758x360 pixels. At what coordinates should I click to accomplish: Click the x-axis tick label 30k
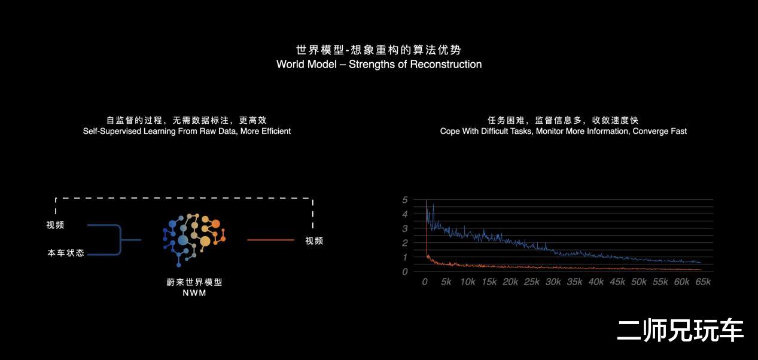pos(553,282)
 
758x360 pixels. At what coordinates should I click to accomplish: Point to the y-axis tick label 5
pos(405,200)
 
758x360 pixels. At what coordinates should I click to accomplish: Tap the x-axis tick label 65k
pos(703,282)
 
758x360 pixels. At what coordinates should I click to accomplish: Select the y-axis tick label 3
pos(405,228)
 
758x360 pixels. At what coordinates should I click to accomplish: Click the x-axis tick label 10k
pos(468,282)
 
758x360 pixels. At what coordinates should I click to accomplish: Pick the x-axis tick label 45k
pos(617,282)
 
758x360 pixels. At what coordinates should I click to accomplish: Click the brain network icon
pos(194,240)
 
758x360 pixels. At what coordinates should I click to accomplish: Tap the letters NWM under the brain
pos(194,293)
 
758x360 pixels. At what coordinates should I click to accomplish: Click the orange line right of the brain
pos(270,240)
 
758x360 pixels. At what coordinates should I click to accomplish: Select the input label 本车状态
pos(66,253)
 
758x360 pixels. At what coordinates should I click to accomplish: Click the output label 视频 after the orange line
pos(314,240)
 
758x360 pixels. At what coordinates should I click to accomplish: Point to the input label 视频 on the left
pos(55,225)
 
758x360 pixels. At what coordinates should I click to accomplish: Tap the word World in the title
pos(290,65)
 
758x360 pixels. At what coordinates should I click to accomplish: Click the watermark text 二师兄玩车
pos(680,330)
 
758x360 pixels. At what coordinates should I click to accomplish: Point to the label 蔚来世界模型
pos(194,282)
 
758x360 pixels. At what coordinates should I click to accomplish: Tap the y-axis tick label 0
pos(405,271)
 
